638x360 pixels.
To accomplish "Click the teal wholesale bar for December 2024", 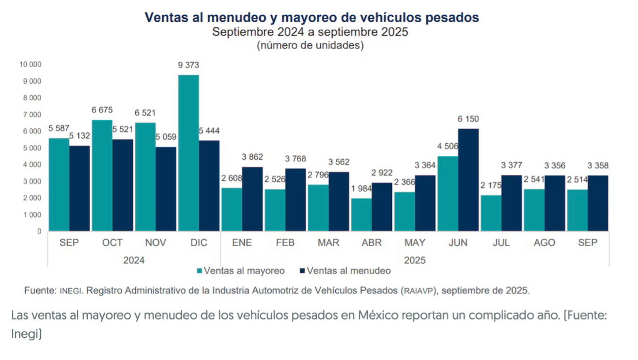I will tap(189, 153).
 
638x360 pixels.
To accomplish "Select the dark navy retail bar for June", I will tap(468, 180).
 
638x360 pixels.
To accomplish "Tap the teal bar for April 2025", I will tap(361, 215).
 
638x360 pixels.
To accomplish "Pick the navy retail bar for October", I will tap(123, 185).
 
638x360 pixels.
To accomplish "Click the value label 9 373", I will tap(189, 66).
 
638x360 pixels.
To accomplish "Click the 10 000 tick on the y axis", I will tap(30, 64).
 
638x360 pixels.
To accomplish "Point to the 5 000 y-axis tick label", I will tap(32, 148).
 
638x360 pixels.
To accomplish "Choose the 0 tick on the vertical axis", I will tap(39, 232).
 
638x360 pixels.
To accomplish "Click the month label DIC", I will tap(199, 243).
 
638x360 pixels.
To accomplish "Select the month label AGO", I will tap(544, 243).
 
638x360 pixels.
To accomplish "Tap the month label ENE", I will tap(242, 243).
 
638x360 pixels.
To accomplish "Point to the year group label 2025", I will tap(414, 260).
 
